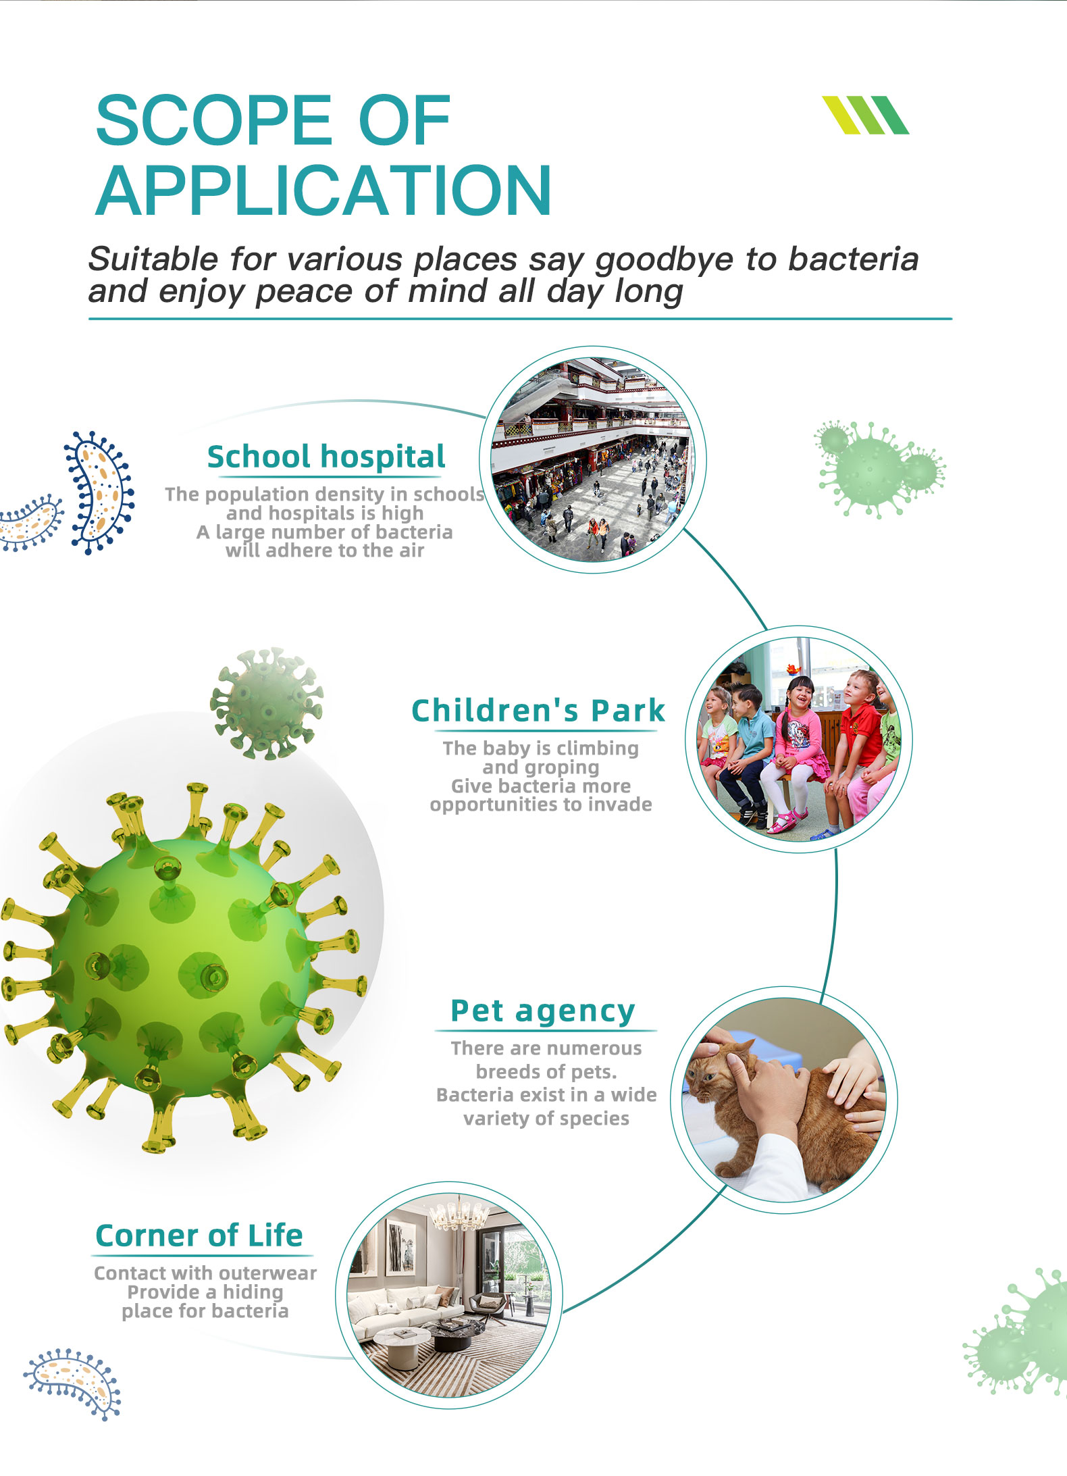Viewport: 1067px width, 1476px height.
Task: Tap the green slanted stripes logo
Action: click(x=865, y=115)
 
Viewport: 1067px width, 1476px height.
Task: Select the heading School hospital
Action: click(x=326, y=457)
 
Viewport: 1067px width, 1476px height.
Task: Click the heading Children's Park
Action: click(x=538, y=711)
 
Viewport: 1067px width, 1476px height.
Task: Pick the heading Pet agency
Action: click(x=543, y=1011)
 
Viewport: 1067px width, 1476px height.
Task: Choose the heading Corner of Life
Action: click(x=199, y=1236)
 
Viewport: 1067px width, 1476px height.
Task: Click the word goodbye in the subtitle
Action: click(x=665, y=260)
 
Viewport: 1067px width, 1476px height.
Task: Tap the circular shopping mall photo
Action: click(x=592, y=459)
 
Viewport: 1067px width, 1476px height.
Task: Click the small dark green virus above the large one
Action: click(x=267, y=703)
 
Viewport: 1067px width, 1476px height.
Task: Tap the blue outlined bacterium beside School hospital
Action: click(x=99, y=492)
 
